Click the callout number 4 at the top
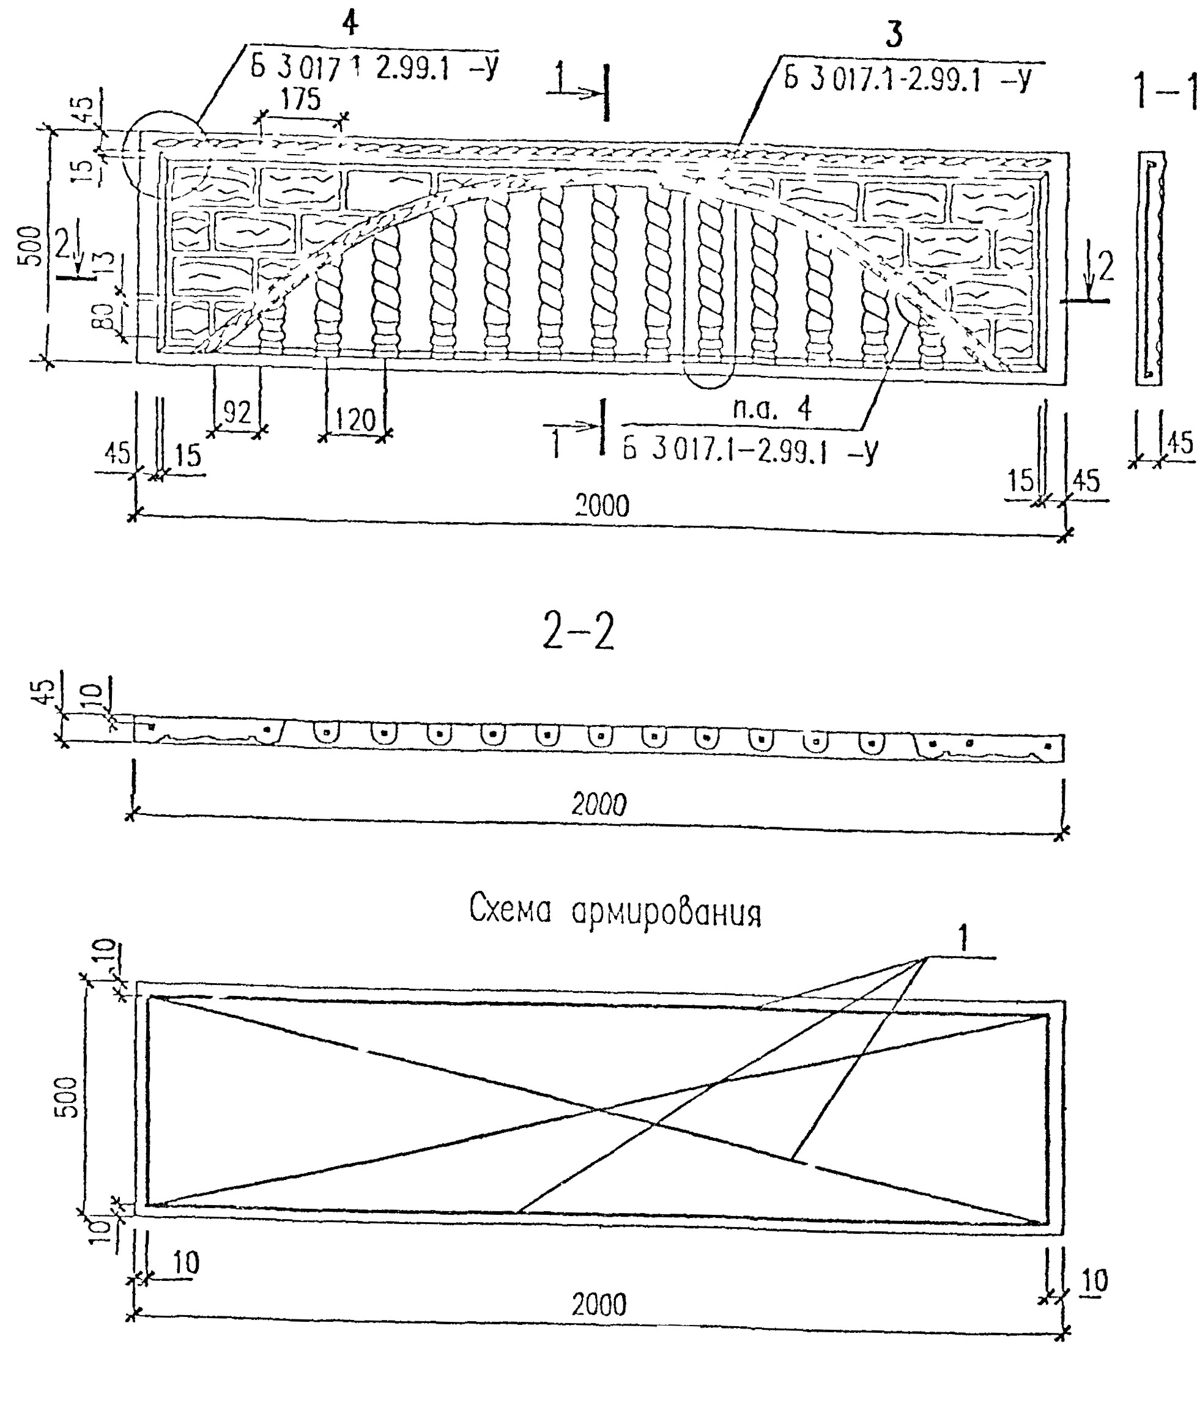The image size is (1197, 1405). click(349, 25)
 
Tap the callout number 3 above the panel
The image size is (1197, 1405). click(894, 36)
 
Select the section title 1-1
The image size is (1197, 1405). click(1165, 93)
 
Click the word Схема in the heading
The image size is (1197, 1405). click(510, 910)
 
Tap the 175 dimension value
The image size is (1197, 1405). click(300, 100)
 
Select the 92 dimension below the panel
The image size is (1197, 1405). click(236, 412)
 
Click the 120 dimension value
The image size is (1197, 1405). click(355, 421)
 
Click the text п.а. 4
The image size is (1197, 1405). click(772, 409)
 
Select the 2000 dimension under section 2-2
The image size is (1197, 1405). click(599, 804)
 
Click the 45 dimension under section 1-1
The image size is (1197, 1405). click(1180, 442)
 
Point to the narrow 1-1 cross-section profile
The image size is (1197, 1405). click(1150, 268)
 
